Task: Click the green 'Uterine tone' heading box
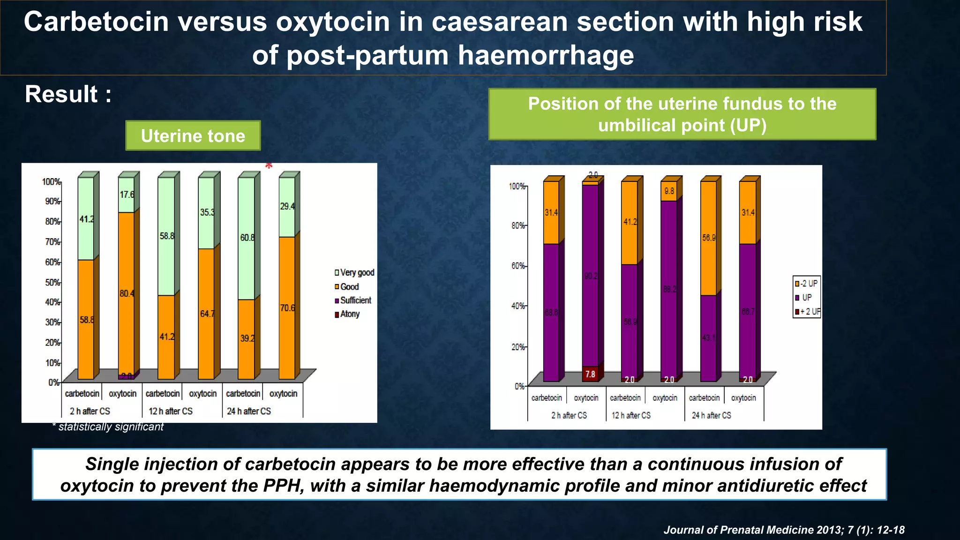pyautogui.click(x=193, y=135)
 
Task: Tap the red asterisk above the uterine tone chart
pyautogui.click(x=269, y=166)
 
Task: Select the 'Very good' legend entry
pyautogui.click(x=354, y=272)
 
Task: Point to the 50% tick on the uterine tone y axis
pyautogui.click(x=52, y=282)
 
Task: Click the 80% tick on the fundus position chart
pyautogui.click(x=518, y=225)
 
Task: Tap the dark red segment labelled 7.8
pyautogui.click(x=590, y=374)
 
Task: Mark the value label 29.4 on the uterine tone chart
pyautogui.click(x=287, y=206)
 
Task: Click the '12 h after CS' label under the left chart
pyautogui.click(x=171, y=411)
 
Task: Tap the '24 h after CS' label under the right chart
pyautogui.click(x=711, y=415)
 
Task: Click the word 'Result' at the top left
pyautogui.click(x=61, y=94)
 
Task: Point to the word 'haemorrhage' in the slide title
pyautogui.click(x=546, y=55)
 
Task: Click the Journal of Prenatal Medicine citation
pyautogui.click(x=784, y=530)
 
